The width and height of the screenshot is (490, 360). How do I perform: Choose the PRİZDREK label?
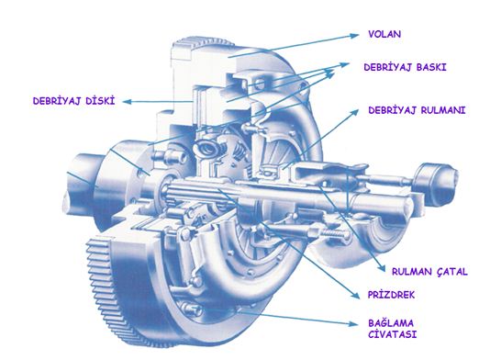(x=391, y=295)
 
